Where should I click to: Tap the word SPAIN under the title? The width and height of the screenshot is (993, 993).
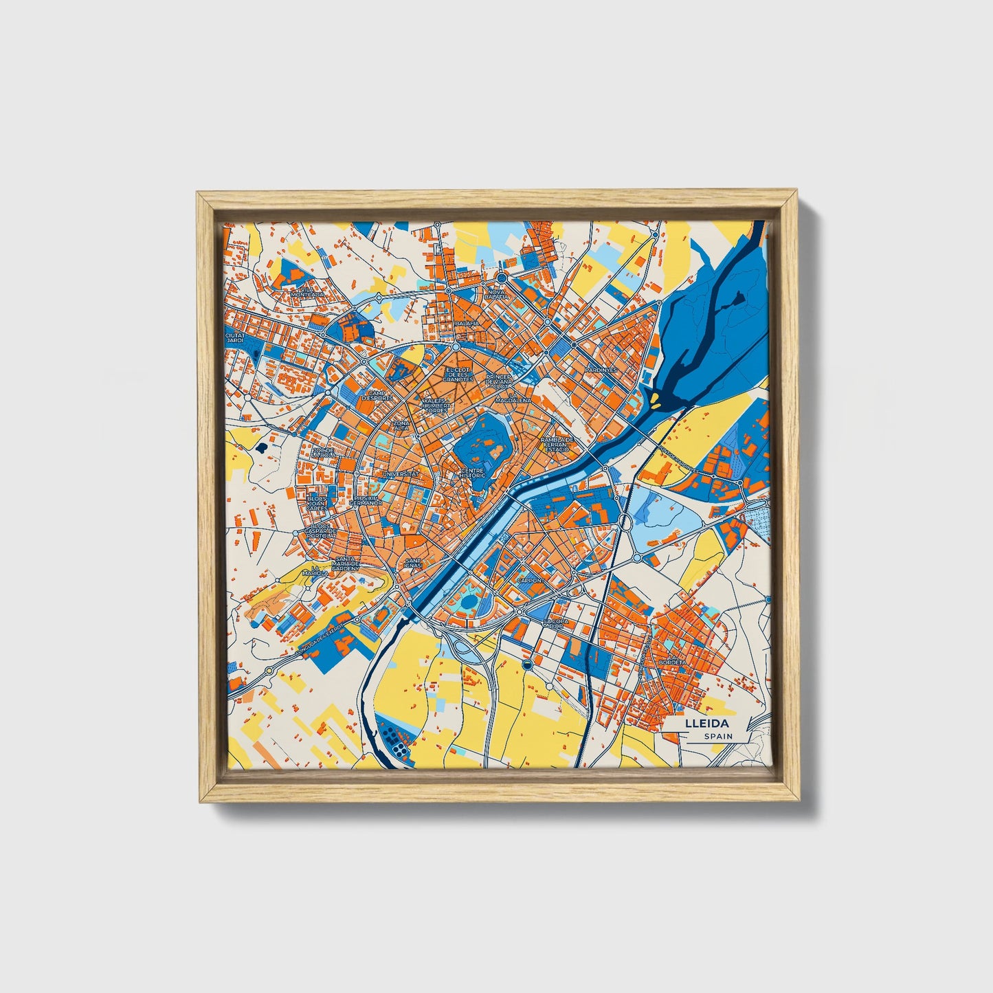(x=717, y=736)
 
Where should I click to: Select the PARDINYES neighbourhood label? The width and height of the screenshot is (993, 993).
(x=601, y=369)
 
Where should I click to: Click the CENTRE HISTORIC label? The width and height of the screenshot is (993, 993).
(x=473, y=473)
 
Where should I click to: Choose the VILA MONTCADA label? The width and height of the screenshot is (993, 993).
(x=307, y=291)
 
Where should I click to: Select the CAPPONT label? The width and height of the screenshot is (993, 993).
(x=530, y=580)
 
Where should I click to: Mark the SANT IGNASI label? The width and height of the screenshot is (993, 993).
(x=413, y=563)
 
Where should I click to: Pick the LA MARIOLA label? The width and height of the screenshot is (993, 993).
(x=315, y=570)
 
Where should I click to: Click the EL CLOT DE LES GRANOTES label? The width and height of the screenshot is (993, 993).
(x=458, y=375)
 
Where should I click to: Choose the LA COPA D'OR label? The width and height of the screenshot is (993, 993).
(x=556, y=623)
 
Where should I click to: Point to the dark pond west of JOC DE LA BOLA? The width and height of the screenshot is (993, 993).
(x=263, y=448)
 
